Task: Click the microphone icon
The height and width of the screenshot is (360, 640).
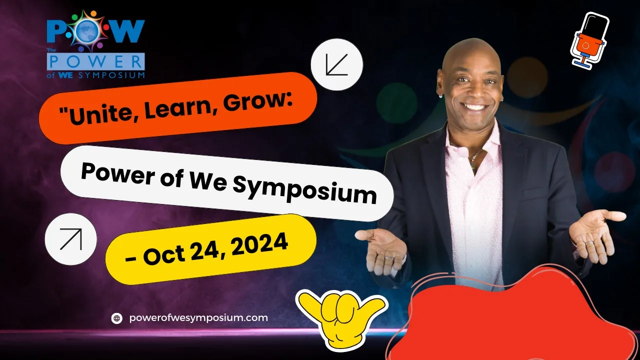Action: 589,40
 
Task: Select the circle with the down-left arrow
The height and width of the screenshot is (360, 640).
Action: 337,64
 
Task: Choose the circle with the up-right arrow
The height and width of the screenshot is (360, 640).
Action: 71,239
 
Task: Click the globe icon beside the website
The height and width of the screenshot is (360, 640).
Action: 117,318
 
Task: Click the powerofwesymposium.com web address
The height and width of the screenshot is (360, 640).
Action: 198,317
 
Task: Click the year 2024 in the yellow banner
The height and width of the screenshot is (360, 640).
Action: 259,245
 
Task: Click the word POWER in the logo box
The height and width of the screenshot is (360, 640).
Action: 96,62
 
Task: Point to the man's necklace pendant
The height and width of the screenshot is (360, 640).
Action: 473,165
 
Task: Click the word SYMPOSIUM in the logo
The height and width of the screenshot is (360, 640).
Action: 111,75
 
